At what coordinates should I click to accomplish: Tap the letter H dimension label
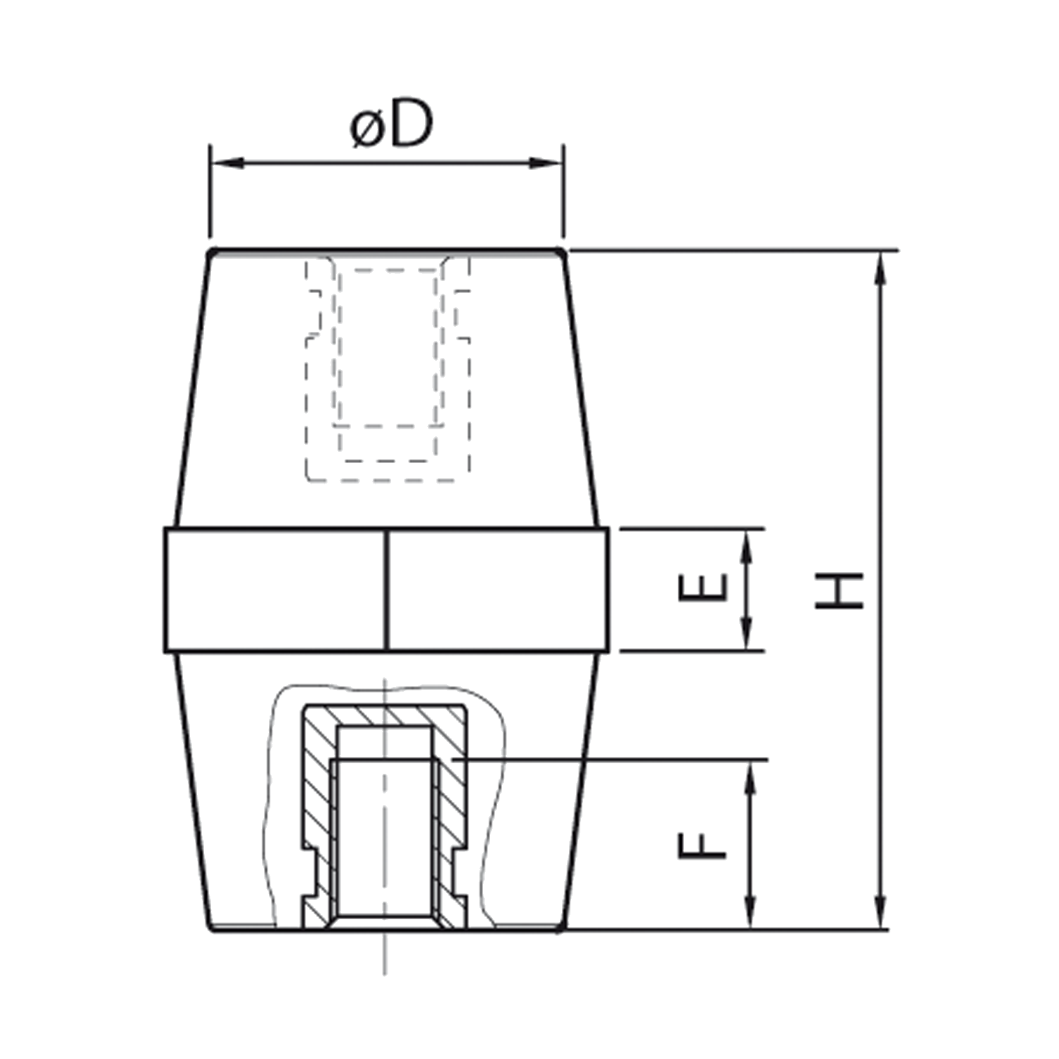tap(839, 590)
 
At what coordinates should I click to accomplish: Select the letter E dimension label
tap(702, 587)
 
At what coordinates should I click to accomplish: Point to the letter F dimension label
tap(702, 845)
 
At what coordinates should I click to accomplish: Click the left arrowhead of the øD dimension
tap(227, 164)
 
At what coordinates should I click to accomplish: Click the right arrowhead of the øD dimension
tap(546, 164)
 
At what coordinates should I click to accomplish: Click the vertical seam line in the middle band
tap(388, 590)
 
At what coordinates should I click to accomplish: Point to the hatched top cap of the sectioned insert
tap(385, 715)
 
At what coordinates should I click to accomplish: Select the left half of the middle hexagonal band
tap(276, 590)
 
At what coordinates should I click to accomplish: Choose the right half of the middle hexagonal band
tap(498, 590)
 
